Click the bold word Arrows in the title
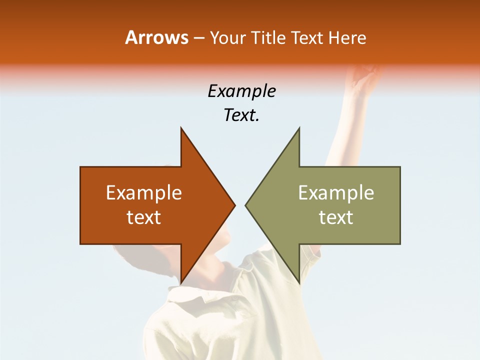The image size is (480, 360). point(156,37)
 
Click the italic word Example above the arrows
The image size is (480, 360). point(241,91)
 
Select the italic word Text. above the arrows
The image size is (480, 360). point(241,115)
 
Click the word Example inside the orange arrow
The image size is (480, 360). point(144,193)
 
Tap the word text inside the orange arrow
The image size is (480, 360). point(144,217)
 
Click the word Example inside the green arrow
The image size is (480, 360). point(336,193)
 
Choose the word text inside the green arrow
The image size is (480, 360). point(336,217)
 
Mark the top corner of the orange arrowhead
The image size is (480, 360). point(181,128)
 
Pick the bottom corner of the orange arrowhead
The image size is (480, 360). point(181,283)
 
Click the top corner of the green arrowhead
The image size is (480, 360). point(299,128)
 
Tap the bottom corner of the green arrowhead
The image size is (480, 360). point(299,283)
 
